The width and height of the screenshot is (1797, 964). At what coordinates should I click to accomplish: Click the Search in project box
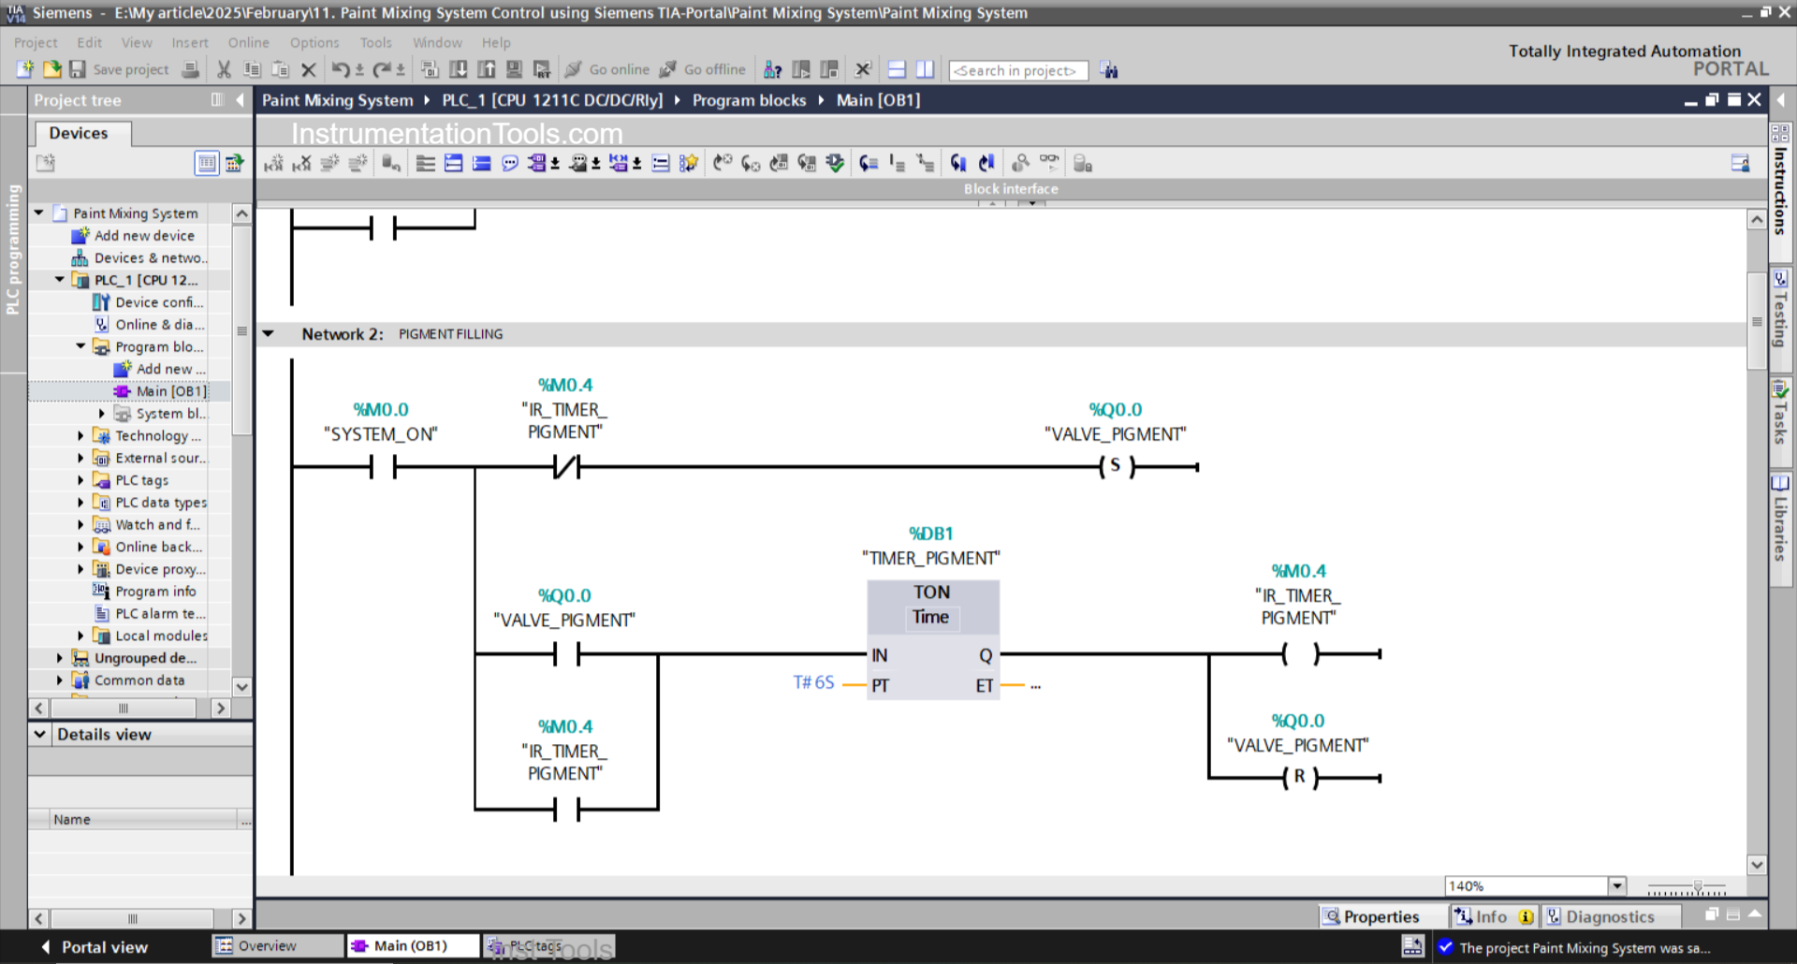coord(1017,71)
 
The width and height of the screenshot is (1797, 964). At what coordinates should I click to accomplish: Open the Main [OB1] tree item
coord(170,391)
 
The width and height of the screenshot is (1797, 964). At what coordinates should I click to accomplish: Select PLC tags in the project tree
coord(141,480)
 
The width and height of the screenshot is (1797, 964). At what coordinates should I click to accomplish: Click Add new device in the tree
coord(144,236)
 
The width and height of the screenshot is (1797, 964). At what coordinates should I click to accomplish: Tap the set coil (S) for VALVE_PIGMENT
coord(1116,466)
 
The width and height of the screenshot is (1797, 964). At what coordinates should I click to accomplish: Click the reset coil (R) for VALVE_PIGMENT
coord(1299,777)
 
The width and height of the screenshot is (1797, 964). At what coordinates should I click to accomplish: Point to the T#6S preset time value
coord(813,683)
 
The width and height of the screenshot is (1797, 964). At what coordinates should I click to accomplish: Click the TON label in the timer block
coord(931,592)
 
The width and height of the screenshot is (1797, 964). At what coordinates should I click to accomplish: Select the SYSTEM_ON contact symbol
coord(383,466)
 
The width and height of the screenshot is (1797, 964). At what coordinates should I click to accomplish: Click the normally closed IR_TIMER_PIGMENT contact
coord(566,466)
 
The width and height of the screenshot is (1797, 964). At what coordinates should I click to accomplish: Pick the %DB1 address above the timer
coord(931,533)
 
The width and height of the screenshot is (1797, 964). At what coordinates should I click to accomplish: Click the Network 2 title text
coord(343,334)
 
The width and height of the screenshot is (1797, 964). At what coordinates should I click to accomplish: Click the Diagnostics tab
coord(1609,917)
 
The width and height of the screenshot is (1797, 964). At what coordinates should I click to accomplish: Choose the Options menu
coord(314,43)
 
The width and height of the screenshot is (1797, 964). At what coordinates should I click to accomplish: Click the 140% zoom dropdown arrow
coord(1616,886)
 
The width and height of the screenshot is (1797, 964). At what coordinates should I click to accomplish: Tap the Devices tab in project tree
coord(79,133)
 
